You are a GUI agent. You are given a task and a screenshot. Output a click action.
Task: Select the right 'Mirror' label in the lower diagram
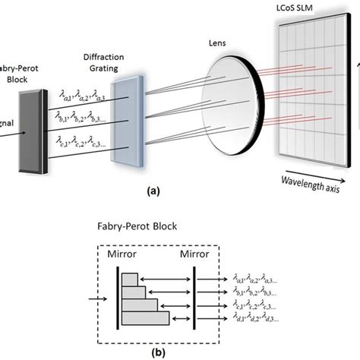tap(194, 254)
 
